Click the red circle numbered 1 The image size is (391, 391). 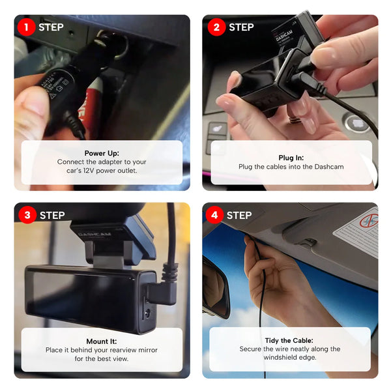[27, 27]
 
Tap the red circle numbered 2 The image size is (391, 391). [216, 27]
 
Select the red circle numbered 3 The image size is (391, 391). [27, 215]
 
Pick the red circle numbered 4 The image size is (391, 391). [215, 215]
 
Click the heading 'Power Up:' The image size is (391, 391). [102, 153]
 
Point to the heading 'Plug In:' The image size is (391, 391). [291, 158]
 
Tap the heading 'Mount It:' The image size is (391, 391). [102, 341]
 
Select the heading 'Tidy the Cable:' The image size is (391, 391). [289, 340]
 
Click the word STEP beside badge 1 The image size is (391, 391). [51, 27]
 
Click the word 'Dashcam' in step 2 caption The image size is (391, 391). [327, 167]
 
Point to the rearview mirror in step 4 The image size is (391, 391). [216, 287]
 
